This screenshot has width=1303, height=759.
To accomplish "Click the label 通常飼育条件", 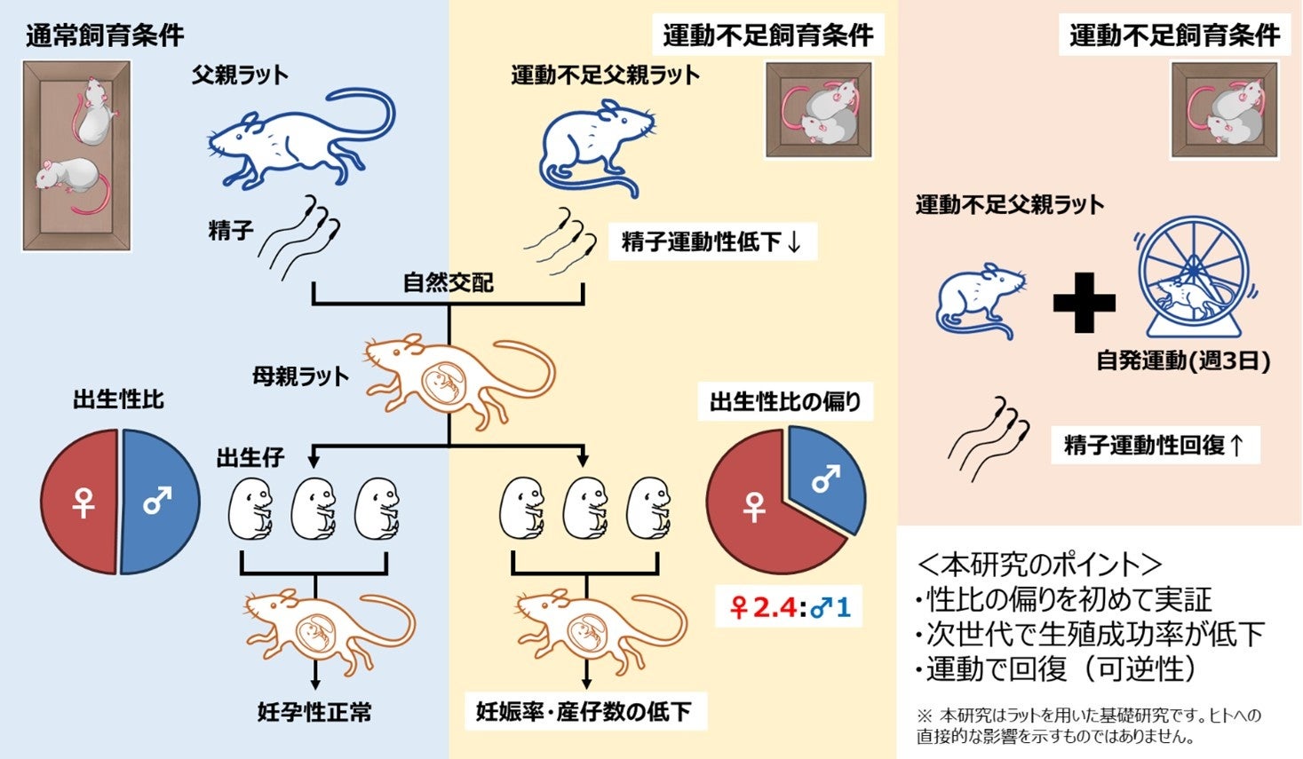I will point(105,36).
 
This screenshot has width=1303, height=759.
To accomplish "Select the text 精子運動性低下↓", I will point(711,241).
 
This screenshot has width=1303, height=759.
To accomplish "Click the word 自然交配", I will point(448,283).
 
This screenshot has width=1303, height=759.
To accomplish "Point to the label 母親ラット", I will point(300,376).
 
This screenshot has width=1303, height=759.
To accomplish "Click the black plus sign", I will point(1084,302).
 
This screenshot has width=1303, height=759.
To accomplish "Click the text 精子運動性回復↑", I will point(1155,445).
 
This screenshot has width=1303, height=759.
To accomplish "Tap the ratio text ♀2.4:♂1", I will point(790,608).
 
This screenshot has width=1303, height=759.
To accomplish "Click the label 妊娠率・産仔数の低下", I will point(584,712).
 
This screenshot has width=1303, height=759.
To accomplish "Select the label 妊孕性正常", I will point(314,712).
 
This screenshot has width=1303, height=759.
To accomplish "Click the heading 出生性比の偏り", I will point(785,402).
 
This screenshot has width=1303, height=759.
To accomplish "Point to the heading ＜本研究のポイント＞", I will point(1038,565).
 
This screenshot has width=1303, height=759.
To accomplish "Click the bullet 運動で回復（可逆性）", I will point(1061,668).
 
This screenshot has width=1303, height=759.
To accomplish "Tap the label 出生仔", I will point(250,458).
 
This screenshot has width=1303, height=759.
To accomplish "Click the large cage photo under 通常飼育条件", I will point(77,156).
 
